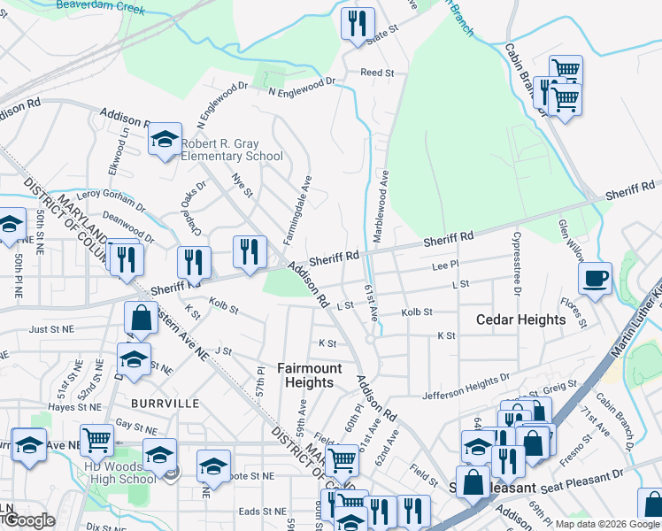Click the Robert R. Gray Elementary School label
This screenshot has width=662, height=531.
[232, 150]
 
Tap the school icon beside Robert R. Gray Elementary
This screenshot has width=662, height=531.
[165, 140]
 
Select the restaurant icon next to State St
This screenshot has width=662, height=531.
[358, 25]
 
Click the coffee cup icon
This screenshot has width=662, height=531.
[596, 279]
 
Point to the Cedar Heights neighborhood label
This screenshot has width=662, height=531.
[521, 319]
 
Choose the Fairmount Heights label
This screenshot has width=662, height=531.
[305, 375]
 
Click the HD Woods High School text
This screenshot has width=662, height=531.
[119, 473]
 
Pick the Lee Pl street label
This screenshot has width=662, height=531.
[445, 265]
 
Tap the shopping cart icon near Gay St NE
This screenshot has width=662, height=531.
[96, 438]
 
